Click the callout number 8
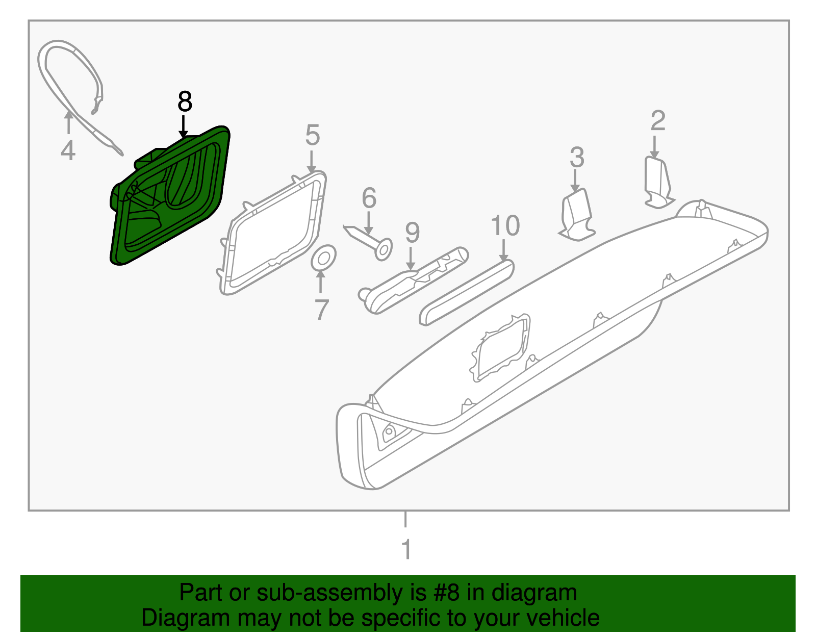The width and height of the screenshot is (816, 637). click(185, 101)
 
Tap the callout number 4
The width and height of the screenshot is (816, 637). click(68, 150)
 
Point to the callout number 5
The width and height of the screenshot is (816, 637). click(312, 135)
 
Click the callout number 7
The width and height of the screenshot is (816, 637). click(321, 309)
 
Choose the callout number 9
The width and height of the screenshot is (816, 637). click(412, 233)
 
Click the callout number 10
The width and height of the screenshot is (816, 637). click(505, 225)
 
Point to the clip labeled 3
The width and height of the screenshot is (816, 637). click(577, 215)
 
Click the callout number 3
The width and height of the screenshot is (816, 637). click(576, 158)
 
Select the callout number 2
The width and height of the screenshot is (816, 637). click(658, 121)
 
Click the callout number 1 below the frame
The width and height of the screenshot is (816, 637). click(406, 550)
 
